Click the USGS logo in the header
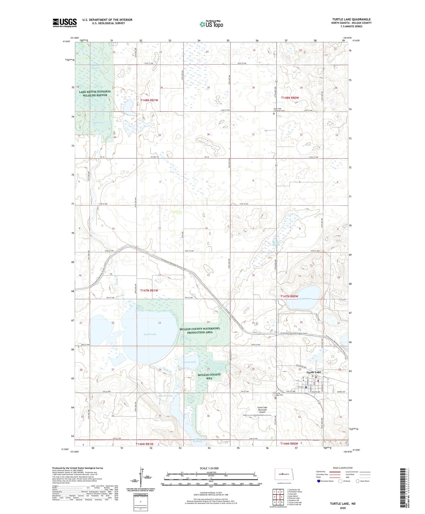pos(65,23)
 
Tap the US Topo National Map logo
pos(211,24)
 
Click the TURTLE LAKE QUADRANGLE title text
pos(351,19)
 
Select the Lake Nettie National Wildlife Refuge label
pos(95,94)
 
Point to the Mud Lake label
pos(98,122)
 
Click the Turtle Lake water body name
pos(150,334)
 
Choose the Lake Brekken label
pos(305,299)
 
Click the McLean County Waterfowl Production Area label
pos(200,330)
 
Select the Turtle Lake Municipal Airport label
pos(262,410)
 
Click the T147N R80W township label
pos(289,296)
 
